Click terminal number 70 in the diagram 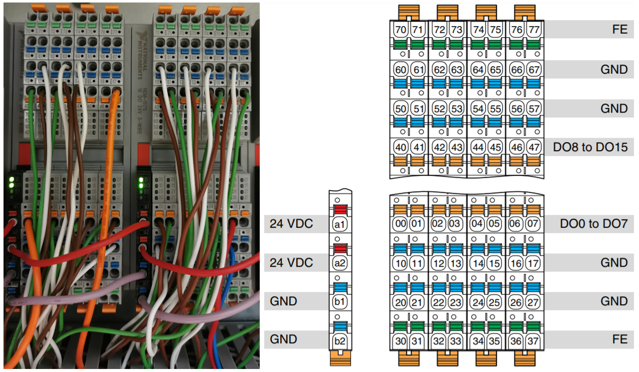pos(401,30)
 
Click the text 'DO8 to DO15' pos(590,147)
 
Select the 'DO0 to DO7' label pos(593,223)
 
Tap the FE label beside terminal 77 pos(619,30)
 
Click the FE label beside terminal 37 pos(619,339)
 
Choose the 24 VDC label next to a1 pos(291,223)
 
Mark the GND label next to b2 pos(284,339)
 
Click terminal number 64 pos(478,69)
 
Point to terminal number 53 pos(456,108)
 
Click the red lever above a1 pos(340,210)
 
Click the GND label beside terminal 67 pos(614,69)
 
